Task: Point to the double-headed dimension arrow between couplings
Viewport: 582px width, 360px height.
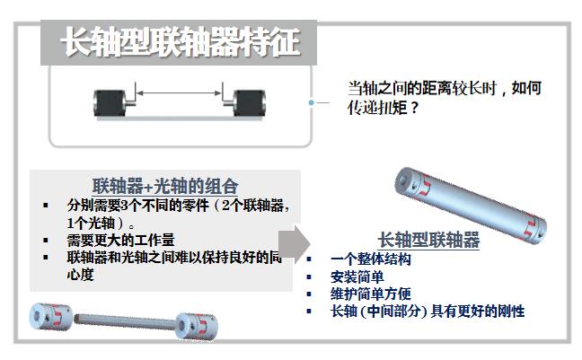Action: click(x=179, y=92)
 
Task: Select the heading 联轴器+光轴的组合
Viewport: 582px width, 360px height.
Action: click(x=165, y=187)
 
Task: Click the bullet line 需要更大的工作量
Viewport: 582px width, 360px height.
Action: click(x=120, y=240)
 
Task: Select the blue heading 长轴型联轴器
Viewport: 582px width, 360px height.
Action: click(x=428, y=241)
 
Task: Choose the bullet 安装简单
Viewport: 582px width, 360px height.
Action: click(x=357, y=277)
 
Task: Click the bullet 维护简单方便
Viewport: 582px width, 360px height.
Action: click(x=371, y=294)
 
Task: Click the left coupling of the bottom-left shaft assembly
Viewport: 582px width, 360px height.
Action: click(x=48, y=317)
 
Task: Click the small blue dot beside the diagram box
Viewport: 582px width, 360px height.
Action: click(x=311, y=103)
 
